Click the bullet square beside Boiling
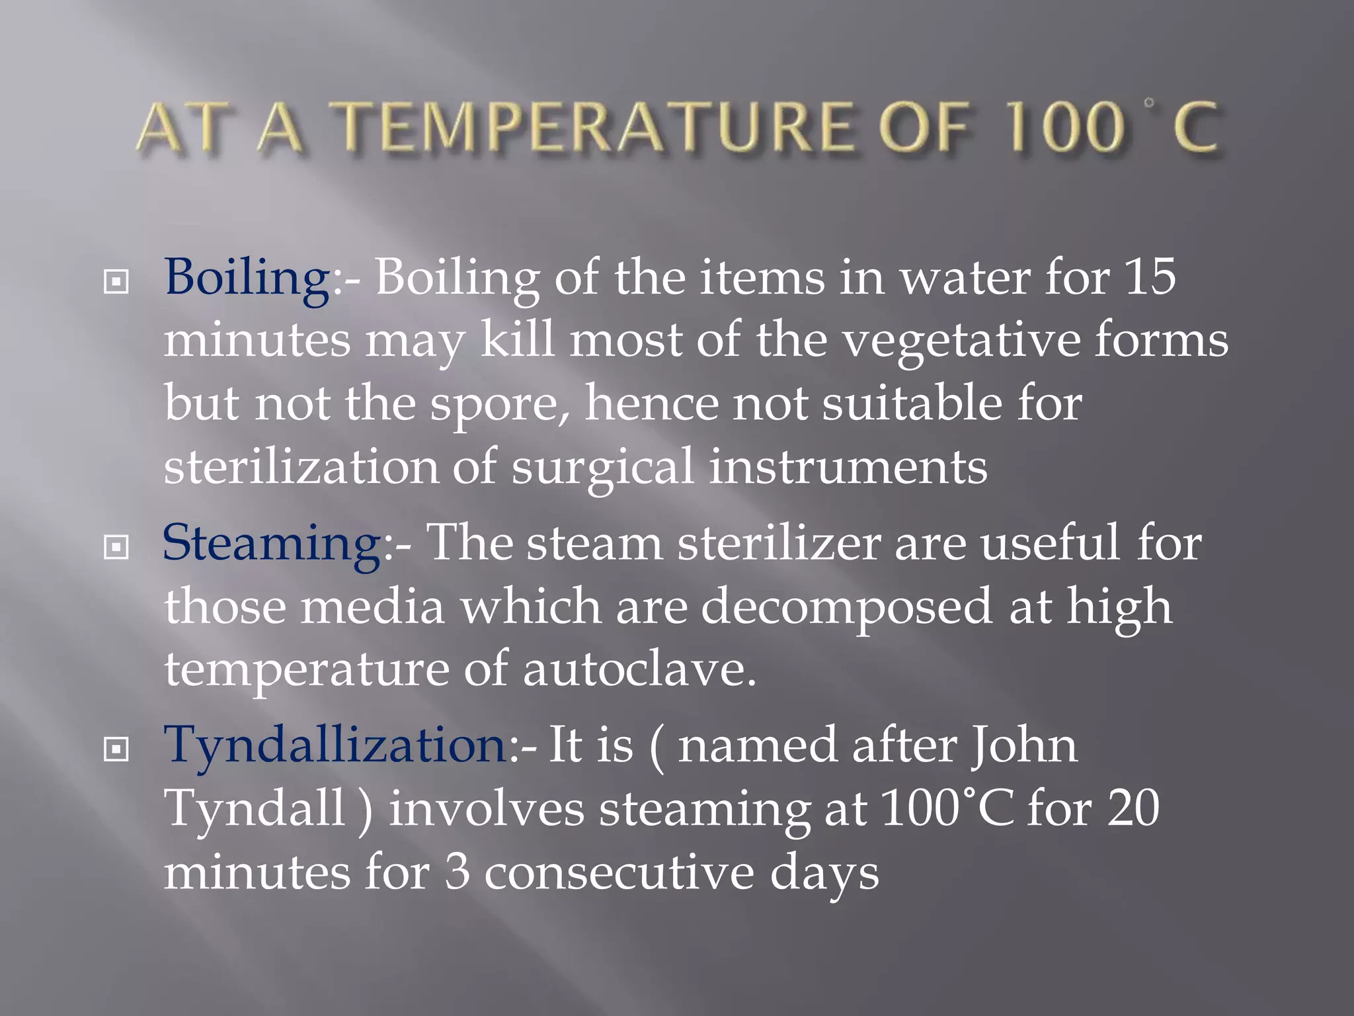[116, 282]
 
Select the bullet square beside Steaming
[116, 547]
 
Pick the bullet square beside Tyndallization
[116, 749]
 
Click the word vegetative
[962, 341]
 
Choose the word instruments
[848, 467]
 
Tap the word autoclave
[638, 669]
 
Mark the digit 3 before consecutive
[458, 872]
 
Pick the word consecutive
[619, 872]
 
